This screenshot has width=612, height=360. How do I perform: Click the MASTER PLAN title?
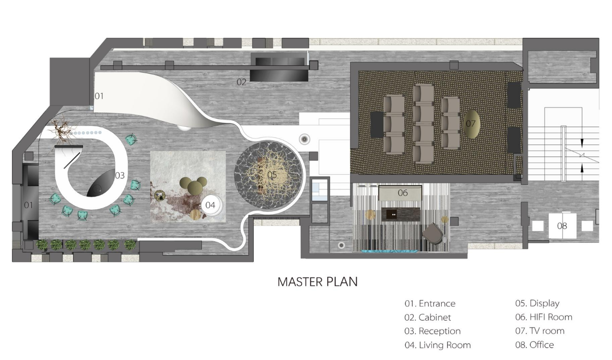click(x=317, y=282)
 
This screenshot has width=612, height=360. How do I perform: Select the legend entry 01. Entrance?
click(x=430, y=303)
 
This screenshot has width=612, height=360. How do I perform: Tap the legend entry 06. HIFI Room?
click(x=544, y=317)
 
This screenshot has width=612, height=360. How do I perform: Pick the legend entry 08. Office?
click(x=534, y=345)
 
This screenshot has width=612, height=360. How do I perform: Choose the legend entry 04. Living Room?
click(x=438, y=345)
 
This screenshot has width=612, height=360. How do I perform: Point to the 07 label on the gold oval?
click(x=470, y=124)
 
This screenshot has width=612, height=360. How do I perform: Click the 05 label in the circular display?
click(x=272, y=175)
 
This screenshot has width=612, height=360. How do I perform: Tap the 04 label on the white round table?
click(x=210, y=205)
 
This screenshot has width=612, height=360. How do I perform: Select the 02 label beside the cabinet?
click(x=242, y=82)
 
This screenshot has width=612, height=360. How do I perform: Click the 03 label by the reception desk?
click(x=119, y=175)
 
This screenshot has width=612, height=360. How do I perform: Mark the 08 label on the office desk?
click(x=562, y=226)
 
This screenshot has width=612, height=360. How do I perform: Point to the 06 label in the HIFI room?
click(x=403, y=193)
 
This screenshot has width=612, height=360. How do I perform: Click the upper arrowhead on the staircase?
click(x=582, y=143)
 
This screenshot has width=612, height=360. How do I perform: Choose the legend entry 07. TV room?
click(x=540, y=331)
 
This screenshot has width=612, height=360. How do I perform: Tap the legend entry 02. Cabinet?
click(x=427, y=317)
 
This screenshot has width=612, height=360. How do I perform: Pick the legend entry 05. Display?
click(x=538, y=303)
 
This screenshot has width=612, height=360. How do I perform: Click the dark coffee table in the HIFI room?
click(x=401, y=214)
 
